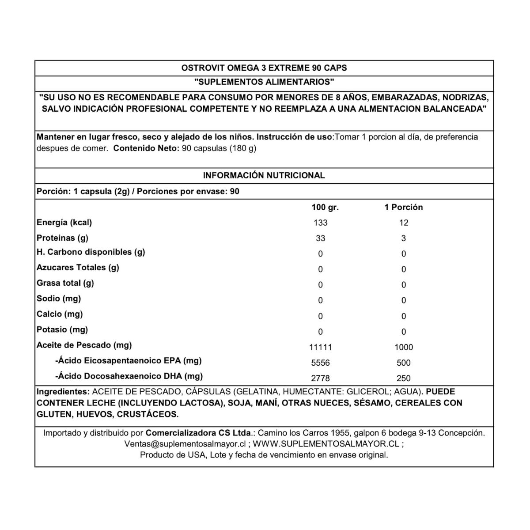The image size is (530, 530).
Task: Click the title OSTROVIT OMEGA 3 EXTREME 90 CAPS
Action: pyautogui.click(x=264, y=68)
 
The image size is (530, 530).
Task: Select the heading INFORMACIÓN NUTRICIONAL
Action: pyautogui.click(x=264, y=175)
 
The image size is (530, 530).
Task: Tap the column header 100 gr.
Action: pyautogui.click(x=325, y=207)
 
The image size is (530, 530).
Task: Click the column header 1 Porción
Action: pyautogui.click(x=403, y=207)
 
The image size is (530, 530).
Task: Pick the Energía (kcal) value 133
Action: pyautogui.click(x=320, y=223)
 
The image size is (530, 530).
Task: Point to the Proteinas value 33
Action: pyautogui.click(x=320, y=238)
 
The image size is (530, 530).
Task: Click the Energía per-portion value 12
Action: pyautogui.click(x=403, y=223)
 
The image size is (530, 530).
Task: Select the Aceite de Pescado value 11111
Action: pyautogui.click(x=320, y=348)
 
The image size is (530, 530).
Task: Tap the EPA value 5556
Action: pyautogui.click(x=320, y=363)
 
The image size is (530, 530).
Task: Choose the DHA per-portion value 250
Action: pyautogui.click(x=403, y=379)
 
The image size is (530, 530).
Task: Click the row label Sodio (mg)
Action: pyautogui.click(x=59, y=299)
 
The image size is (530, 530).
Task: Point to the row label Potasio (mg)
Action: pyautogui.click(x=62, y=329)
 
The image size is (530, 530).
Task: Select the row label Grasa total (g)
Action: pyautogui.click(x=65, y=283)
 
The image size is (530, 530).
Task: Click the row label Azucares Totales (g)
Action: pyautogui.click(x=78, y=268)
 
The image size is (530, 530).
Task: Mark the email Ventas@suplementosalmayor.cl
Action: pyautogui.click(x=185, y=444)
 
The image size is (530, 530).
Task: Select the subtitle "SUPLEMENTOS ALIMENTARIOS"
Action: pyautogui.click(x=264, y=82)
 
